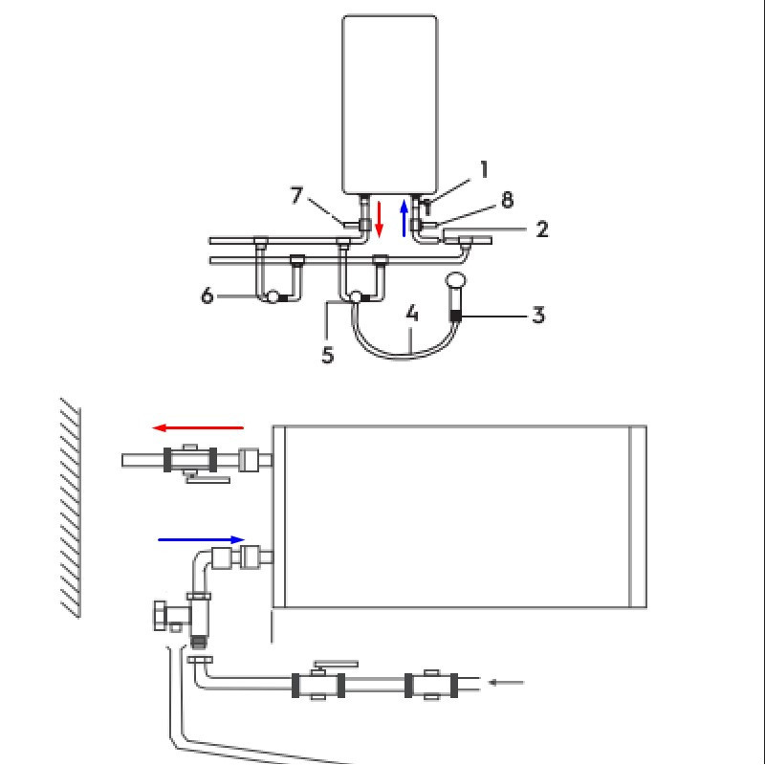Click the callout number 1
(x=485, y=170)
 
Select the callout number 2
(x=541, y=229)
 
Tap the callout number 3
(x=538, y=315)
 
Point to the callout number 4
(x=412, y=313)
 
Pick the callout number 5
(x=327, y=355)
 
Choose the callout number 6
(x=208, y=295)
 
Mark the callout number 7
(x=297, y=196)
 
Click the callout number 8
(x=507, y=201)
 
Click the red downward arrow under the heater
(x=380, y=219)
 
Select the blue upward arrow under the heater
(x=404, y=218)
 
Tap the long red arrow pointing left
(x=199, y=428)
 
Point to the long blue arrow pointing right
(x=201, y=539)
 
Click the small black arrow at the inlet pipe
(x=506, y=682)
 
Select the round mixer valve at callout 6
(x=273, y=297)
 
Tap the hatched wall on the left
(x=70, y=507)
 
